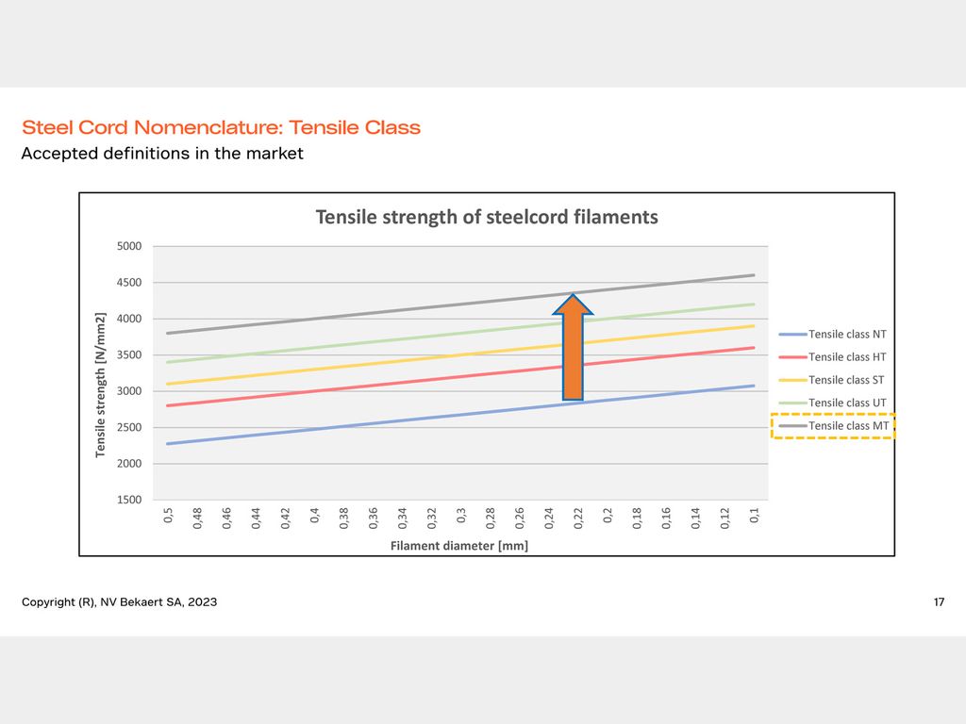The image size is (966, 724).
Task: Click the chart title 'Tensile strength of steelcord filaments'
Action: click(487, 218)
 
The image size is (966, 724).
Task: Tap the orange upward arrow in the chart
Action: click(573, 347)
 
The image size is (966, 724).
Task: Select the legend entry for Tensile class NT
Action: click(832, 335)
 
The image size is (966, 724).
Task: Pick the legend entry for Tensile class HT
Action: click(832, 357)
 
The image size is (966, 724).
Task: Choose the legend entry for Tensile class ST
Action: click(832, 380)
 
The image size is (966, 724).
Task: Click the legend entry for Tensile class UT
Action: click(832, 403)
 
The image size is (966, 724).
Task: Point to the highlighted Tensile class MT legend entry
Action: click(834, 426)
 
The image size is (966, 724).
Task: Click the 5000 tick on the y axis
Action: click(129, 246)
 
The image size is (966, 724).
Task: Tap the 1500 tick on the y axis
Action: click(129, 500)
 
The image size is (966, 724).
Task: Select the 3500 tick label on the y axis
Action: click(129, 355)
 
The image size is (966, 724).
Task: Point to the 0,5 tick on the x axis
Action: click(168, 516)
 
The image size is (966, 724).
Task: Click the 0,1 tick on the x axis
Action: click(755, 516)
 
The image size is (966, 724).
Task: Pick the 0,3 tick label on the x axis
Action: click(461, 516)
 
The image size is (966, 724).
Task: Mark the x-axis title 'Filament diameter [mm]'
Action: click(459, 546)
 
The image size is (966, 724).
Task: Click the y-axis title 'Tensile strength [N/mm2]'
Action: click(100, 385)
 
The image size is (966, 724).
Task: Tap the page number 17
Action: click(939, 602)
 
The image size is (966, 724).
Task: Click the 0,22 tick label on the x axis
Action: click(578, 518)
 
